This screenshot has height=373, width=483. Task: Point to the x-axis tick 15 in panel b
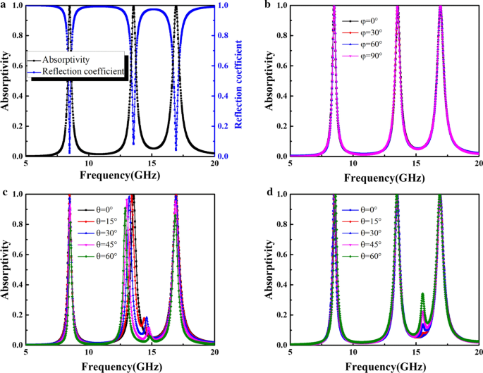coord(415,164)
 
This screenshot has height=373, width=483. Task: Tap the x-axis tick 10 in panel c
coord(88,353)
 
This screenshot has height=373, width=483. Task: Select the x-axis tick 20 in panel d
coord(477,353)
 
